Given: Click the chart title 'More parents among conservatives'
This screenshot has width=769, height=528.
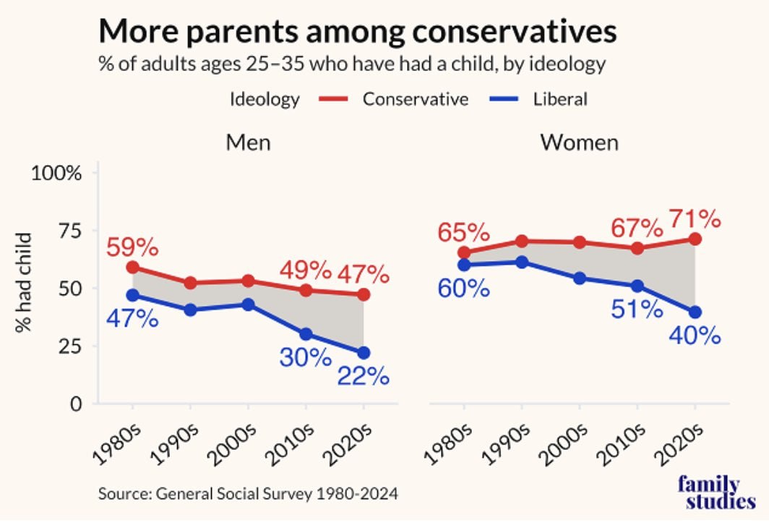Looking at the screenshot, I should [358, 31].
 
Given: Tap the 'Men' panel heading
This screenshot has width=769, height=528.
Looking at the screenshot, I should [248, 142].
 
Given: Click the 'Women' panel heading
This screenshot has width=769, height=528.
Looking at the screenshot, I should [579, 142].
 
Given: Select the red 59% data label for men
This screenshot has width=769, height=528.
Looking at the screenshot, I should [132, 247].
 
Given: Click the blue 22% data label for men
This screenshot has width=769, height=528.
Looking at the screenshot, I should [362, 377].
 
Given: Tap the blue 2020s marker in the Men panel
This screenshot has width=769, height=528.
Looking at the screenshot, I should [363, 352].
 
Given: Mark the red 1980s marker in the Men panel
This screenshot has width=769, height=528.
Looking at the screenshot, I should [132, 267].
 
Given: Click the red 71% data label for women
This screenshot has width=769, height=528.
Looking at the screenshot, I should [694, 217].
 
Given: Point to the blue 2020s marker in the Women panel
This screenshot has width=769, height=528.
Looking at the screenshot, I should [695, 312].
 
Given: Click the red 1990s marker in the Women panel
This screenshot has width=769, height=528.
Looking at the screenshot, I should [521, 241].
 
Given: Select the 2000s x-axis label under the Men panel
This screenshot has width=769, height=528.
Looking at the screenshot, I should [228, 443].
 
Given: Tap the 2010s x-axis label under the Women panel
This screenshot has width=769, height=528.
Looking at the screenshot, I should [619, 443].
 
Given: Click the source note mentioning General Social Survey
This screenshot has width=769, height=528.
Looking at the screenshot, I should [249, 495].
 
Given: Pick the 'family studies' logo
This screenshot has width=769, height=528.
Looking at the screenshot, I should [716, 493].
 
